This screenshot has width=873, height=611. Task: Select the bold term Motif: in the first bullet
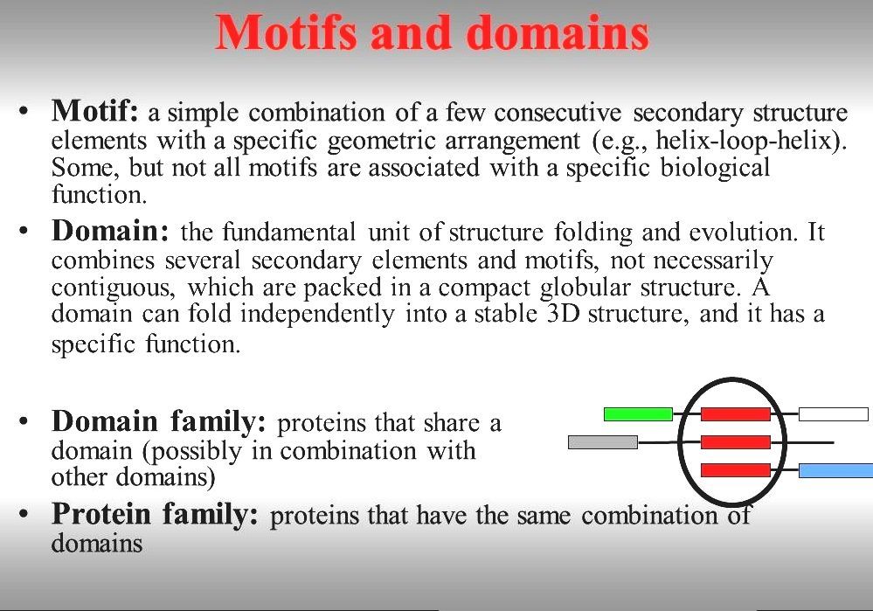[x=95, y=112]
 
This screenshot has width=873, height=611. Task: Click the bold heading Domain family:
[x=158, y=422]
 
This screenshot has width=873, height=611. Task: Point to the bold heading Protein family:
[x=155, y=514]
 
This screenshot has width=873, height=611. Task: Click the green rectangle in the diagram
[x=638, y=413]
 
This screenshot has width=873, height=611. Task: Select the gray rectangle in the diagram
[x=602, y=442]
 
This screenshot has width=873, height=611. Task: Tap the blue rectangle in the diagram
[x=835, y=471]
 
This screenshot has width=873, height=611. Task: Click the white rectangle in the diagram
[x=833, y=413]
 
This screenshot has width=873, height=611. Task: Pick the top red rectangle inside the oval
[x=735, y=413]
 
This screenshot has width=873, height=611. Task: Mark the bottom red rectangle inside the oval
[x=735, y=470]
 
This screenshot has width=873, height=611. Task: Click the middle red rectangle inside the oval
[x=735, y=442]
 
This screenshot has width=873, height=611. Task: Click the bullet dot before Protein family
[x=26, y=515]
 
